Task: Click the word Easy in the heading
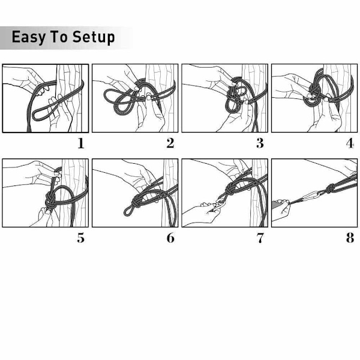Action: [x=29, y=37]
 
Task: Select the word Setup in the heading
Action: [x=94, y=37]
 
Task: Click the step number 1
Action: [x=81, y=143]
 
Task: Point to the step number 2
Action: [x=170, y=143]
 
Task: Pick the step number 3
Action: [x=260, y=143]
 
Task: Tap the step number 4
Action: [x=350, y=143]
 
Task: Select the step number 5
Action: [x=81, y=238]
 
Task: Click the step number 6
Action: [x=170, y=238]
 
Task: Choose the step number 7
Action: [x=260, y=238]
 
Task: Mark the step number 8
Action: [x=350, y=238]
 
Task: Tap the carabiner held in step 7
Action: [x=220, y=203]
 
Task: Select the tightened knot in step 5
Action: [x=51, y=200]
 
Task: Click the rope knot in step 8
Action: [x=329, y=189]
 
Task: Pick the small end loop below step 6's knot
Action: [x=128, y=211]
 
